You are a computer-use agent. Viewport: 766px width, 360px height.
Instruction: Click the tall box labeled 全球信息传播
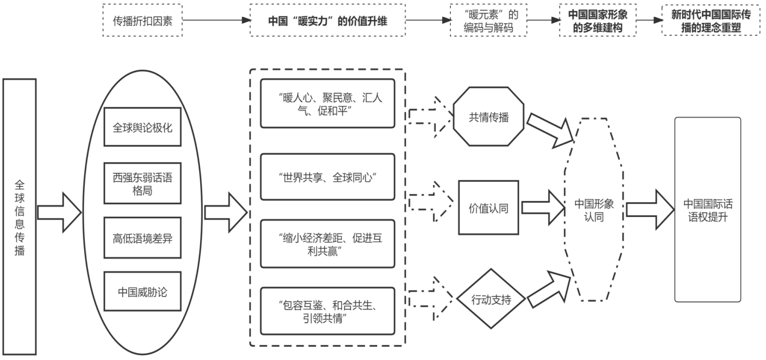(x=20, y=217)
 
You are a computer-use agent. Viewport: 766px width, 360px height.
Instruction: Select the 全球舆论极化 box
(x=142, y=127)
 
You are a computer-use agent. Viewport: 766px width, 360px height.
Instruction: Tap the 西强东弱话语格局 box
(x=142, y=183)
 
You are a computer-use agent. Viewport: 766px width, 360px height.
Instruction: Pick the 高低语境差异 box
(x=142, y=239)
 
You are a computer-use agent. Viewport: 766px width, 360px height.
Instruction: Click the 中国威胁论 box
(x=142, y=291)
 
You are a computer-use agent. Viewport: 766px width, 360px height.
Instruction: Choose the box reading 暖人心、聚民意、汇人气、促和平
(x=327, y=104)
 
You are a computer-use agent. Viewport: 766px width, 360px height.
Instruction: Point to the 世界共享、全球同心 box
(x=327, y=177)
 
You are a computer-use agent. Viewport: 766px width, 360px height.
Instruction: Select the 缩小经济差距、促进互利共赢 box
(x=327, y=244)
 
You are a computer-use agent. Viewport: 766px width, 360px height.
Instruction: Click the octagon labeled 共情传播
(x=488, y=118)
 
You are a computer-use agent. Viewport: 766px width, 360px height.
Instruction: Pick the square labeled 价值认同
(x=488, y=208)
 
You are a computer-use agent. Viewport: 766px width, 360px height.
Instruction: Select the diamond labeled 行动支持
(x=491, y=300)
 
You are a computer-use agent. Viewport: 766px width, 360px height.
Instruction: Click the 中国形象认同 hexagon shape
(x=594, y=210)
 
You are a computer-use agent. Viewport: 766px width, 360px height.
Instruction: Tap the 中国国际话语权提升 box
(x=707, y=210)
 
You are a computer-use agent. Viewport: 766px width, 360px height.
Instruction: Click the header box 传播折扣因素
(x=142, y=21)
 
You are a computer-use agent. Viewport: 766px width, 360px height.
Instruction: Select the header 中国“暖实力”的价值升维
(x=327, y=21)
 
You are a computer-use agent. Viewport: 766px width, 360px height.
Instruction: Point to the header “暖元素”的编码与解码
(x=488, y=21)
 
